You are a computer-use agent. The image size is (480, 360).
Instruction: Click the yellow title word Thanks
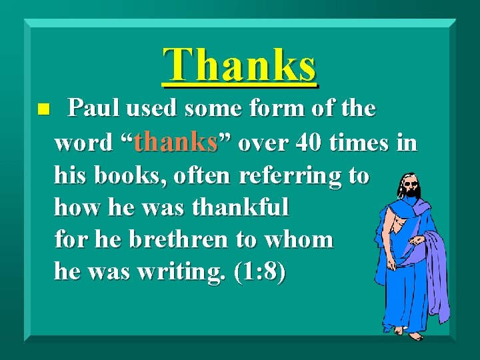[240, 65]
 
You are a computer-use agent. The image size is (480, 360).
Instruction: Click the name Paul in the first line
[93, 108]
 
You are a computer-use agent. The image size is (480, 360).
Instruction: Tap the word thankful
[241, 207]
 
